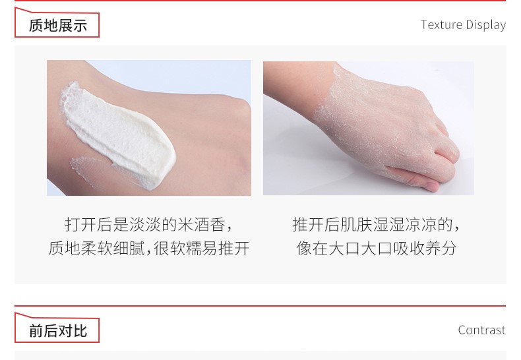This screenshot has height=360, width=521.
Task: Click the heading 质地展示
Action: pyautogui.click(x=58, y=26)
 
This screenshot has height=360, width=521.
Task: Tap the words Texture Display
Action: pyautogui.click(x=463, y=25)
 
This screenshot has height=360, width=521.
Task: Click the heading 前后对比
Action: pyautogui.click(x=58, y=331)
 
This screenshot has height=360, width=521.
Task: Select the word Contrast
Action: pyautogui.click(x=482, y=330)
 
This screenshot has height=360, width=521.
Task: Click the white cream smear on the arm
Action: pyautogui.click(x=118, y=133)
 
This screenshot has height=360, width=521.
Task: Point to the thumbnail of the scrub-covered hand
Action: pyautogui.click(x=369, y=128)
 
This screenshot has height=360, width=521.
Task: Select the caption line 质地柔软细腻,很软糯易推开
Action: pyautogui.click(x=149, y=249)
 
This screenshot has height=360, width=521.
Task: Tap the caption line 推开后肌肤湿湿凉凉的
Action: pyautogui.click(x=376, y=224)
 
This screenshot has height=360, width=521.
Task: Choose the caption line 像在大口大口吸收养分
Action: pyautogui.click(x=376, y=249)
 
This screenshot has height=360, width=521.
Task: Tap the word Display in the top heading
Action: pyautogui.click(x=486, y=25)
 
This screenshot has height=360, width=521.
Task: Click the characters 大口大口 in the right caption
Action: pyautogui.click(x=360, y=249)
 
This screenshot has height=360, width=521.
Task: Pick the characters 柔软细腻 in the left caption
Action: pyautogui.click(x=112, y=249)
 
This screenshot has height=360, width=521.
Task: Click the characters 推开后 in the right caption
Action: pyautogui.click(x=317, y=224)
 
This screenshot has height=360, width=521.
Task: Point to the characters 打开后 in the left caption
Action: pyautogui.click(x=89, y=224)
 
